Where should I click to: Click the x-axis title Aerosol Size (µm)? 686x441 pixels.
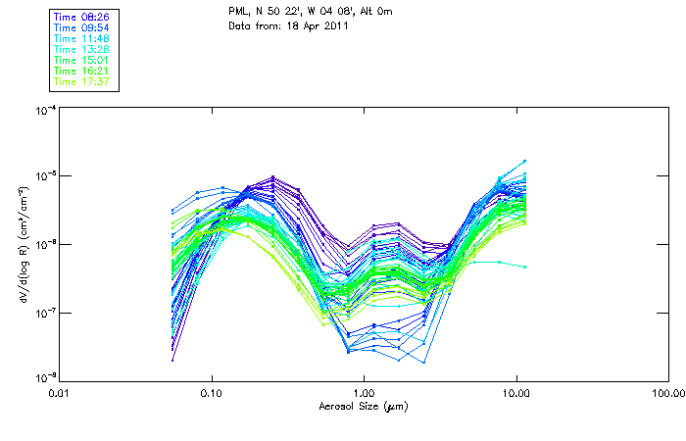pyautogui.click(x=363, y=406)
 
